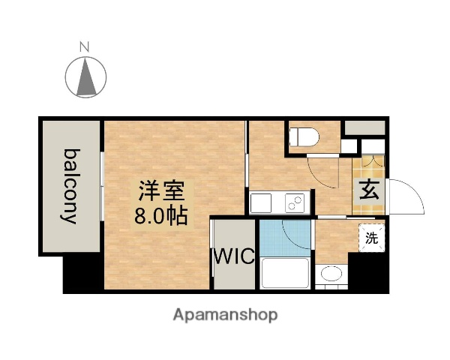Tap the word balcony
pyautogui.click(x=70, y=185)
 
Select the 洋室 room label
pyautogui.click(x=159, y=190)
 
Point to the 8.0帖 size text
pyautogui.click(x=159, y=214)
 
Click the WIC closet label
pyautogui.click(x=235, y=256)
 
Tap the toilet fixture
pyautogui.click(x=305, y=136)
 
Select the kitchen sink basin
pyautogui.click(x=262, y=202)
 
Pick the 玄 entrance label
pyautogui.click(x=369, y=190)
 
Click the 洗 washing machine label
pyautogui.click(x=370, y=238)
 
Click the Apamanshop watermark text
pyautogui.click(x=225, y=314)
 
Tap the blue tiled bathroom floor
pyautogui.click(x=284, y=237)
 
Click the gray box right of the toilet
pyautogui.click(x=364, y=127)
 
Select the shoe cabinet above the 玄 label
pyautogui.click(x=369, y=162)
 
